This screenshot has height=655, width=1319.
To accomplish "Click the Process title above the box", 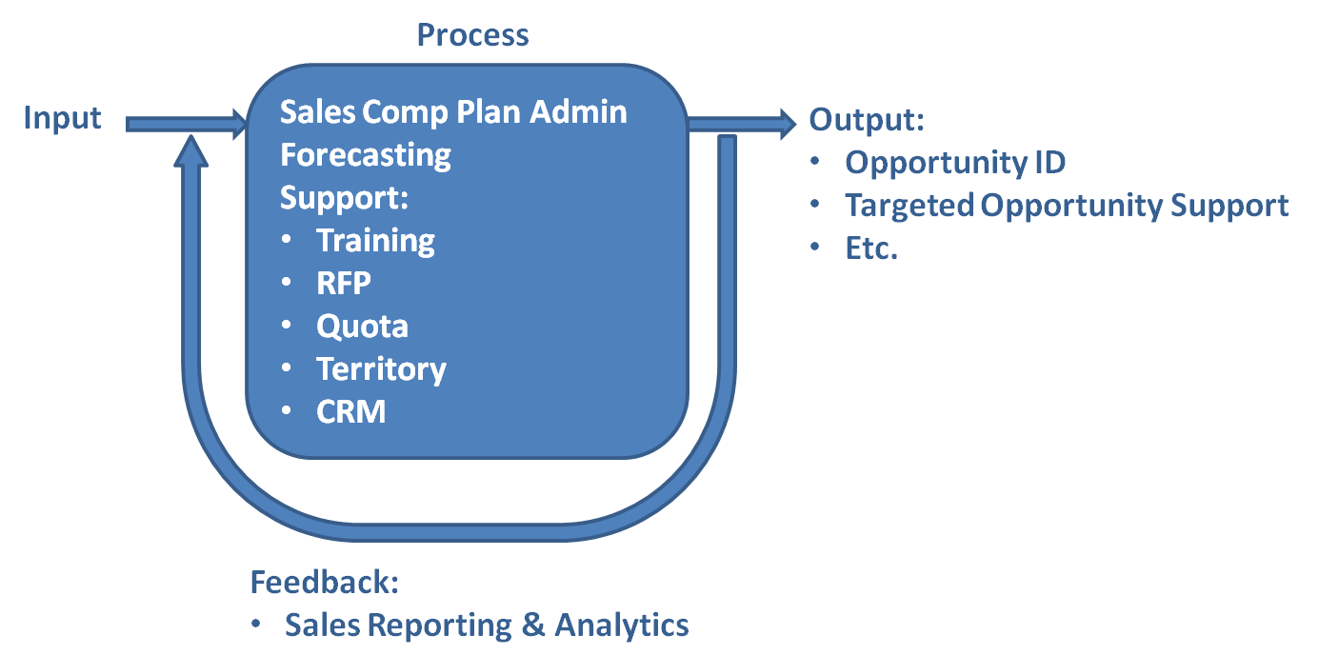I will (472, 35).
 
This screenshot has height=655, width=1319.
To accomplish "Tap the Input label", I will (62, 119).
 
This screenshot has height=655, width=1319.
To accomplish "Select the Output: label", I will (867, 120).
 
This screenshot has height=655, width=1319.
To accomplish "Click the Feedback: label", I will (324, 582).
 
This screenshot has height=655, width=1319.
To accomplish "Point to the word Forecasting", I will (366, 154).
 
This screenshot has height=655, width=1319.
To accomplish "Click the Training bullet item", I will (375, 240).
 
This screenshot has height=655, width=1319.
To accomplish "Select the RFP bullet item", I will (343, 283).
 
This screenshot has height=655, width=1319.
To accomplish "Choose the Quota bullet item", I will (362, 326).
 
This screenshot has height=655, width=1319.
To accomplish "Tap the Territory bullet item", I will (381, 368).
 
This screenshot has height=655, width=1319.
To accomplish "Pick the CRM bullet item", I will (350, 411).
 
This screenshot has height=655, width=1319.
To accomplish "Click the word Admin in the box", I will (578, 112).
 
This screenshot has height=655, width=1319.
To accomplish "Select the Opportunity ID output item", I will (955, 162).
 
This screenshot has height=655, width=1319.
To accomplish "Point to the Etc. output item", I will (871, 248).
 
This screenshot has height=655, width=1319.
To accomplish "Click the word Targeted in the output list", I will (909, 205).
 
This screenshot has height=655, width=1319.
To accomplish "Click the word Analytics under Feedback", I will (621, 625).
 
